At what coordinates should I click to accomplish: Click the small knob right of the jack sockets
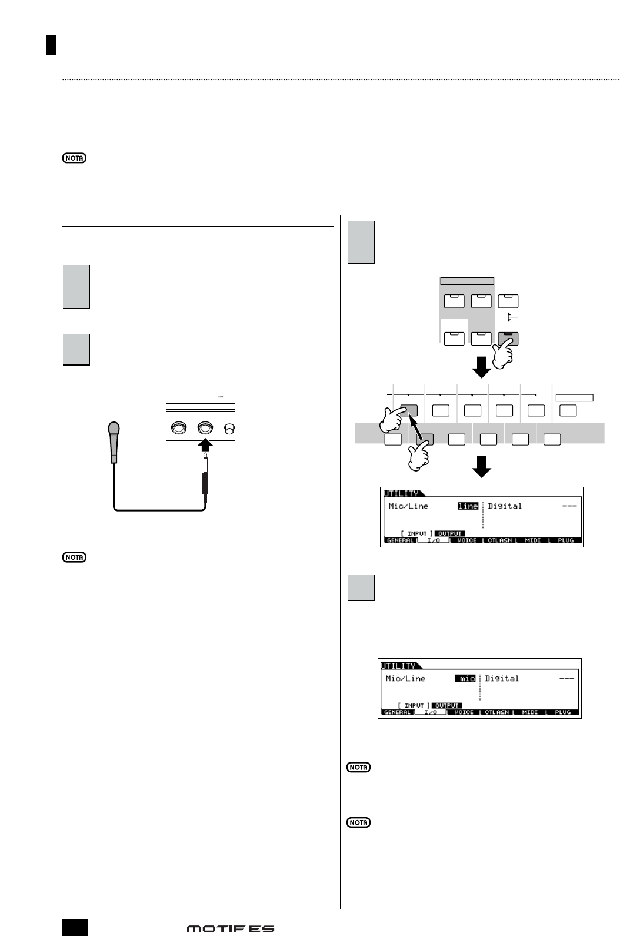pyautogui.click(x=229, y=428)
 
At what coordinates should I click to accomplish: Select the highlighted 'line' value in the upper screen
pyautogui.click(x=468, y=506)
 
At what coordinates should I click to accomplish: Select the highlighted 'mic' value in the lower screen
pyautogui.click(x=465, y=678)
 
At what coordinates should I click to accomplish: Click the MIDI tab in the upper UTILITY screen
pyautogui.click(x=533, y=540)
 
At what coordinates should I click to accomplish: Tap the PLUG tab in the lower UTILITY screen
pyautogui.click(x=563, y=712)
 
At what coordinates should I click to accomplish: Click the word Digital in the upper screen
pyautogui.click(x=505, y=506)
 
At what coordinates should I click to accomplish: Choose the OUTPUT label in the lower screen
pyautogui.click(x=447, y=705)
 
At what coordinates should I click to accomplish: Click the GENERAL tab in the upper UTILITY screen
pyautogui.click(x=400, y=540)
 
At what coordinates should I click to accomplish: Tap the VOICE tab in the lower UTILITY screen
pyautogui.click(x=464, y=712)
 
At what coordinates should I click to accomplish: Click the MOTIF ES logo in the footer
pyautogui.click(x=231, y=928)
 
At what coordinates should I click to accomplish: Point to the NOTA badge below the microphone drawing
pyautogui.click(x=75, y=557)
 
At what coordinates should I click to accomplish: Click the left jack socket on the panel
pyautogui.click(x=178, y=428)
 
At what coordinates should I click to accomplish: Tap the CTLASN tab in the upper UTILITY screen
pyautogui.click(x=500, y=540)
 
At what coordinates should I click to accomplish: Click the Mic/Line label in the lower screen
pyautogui.click(x=405, y=678)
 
